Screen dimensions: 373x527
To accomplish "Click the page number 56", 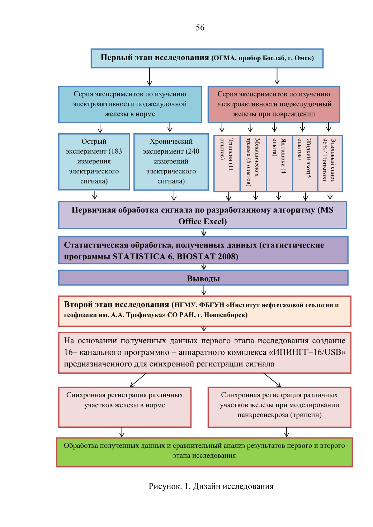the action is pos(200,28).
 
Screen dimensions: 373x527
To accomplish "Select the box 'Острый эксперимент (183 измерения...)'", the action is pos(94,162).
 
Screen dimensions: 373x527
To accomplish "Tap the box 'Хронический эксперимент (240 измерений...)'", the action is pos(171,162).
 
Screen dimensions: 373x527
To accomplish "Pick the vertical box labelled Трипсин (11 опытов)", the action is pos(227,163).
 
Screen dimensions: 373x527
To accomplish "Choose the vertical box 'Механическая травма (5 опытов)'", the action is pos(253,163).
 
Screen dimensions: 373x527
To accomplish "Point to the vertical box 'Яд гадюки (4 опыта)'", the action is pos(279,163).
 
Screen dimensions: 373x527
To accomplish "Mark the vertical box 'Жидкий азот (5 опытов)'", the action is pos(305,163).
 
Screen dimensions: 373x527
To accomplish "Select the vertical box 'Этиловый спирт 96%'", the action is pos(330,163).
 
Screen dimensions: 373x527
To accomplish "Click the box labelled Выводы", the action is pos(203,278).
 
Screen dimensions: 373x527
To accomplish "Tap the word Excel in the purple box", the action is pos(214,221).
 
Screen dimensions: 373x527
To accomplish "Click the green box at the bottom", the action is pos(204,452).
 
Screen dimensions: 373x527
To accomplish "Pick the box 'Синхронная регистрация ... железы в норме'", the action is pos(124,407).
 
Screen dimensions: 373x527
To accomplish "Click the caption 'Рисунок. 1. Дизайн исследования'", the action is pos(211,486).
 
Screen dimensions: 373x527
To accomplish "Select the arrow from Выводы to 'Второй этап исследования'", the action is pos(204,290).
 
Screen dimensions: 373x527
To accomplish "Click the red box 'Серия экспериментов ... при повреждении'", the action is pos(274,105).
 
